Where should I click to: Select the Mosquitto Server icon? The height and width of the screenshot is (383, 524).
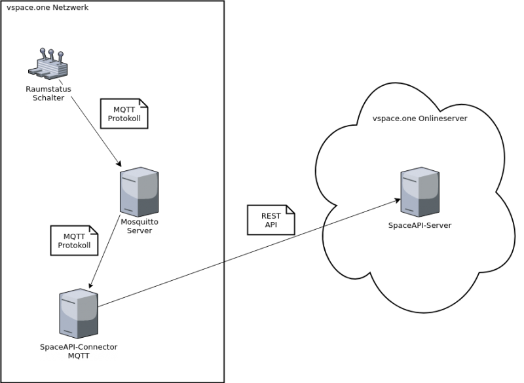(x=139, y=192)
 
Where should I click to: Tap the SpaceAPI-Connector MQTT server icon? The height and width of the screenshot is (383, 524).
(x=79, y=314)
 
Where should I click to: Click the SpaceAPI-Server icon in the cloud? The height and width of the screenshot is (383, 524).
(x=420, y=192)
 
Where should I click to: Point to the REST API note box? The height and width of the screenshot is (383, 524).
(x=271, y=220)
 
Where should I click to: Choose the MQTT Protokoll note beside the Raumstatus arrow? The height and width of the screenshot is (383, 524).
(x=124, y=113)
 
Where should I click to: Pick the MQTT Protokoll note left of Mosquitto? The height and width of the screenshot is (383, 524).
(x=74, y=240)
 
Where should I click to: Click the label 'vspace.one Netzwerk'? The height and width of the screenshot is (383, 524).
(x=47, y=7)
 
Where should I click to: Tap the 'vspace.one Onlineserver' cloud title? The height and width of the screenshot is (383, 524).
(x=420, y=119)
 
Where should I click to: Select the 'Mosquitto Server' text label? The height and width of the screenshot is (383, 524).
(x=140, y=226)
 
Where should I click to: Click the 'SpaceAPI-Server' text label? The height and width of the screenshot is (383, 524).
(x=420, y=225)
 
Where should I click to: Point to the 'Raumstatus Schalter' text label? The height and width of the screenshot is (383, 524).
(x=48, y=94)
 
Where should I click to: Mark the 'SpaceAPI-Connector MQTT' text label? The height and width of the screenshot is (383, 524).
(x=79, y=352)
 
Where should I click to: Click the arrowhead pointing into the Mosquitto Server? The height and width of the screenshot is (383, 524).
(x=119, y=163)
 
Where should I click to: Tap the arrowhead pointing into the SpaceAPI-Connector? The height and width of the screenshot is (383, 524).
(x=90, y=285)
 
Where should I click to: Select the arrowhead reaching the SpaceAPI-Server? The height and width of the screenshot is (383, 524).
(x=398, y=200)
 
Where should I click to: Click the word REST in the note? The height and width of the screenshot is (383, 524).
(x=271, y=215)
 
